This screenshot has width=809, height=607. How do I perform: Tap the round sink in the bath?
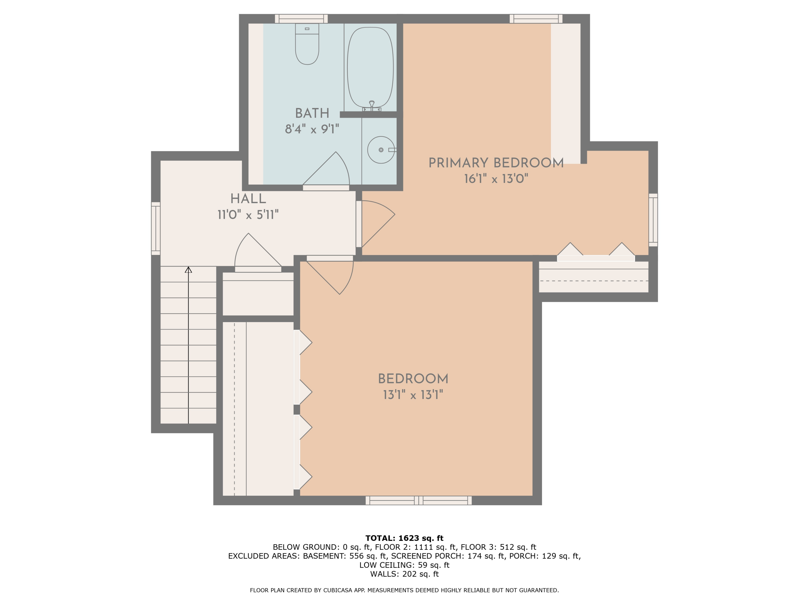[x=381, y=150]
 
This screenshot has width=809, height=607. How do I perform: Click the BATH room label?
[x=312, y=113]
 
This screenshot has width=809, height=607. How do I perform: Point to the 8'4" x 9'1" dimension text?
[x=312, y=129]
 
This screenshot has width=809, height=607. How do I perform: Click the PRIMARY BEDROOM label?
[x=496, y=163]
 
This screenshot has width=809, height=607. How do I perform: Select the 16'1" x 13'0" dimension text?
[x=496, y=179]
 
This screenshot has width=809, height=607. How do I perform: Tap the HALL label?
[x=248, y=199]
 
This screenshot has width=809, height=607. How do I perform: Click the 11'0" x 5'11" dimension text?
[x=248, y=215]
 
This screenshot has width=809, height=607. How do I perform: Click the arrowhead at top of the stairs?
[x=188, y=270]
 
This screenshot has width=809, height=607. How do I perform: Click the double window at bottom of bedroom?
[x=419, y=500]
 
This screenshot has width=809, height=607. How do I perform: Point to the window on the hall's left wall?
[x=156, y=228]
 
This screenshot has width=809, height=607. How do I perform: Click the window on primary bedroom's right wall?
[x=653, y=220]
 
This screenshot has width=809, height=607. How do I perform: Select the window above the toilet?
[x=301, y=19]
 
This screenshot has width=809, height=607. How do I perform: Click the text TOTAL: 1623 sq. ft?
[x=404, y=538]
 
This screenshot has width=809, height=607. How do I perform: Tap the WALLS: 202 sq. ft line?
[x=404, y=574]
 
